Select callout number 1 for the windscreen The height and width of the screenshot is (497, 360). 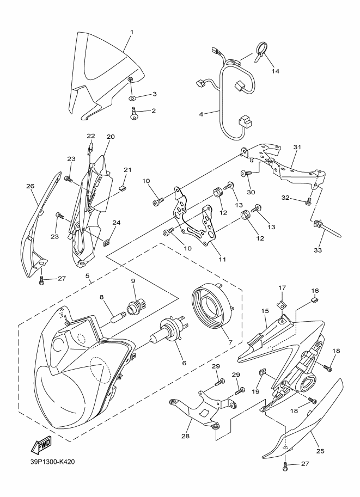click(132, 32)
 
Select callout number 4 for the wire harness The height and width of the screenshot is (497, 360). click(201, 114)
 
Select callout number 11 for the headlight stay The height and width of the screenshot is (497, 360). click(222, 259)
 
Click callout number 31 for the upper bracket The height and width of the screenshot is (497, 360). click(297, 147)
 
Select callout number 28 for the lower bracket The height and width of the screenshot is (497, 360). click(185, 436)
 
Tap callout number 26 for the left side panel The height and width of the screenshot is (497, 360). click(30, 186)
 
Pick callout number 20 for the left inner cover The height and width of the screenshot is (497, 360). click(111, 137)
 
